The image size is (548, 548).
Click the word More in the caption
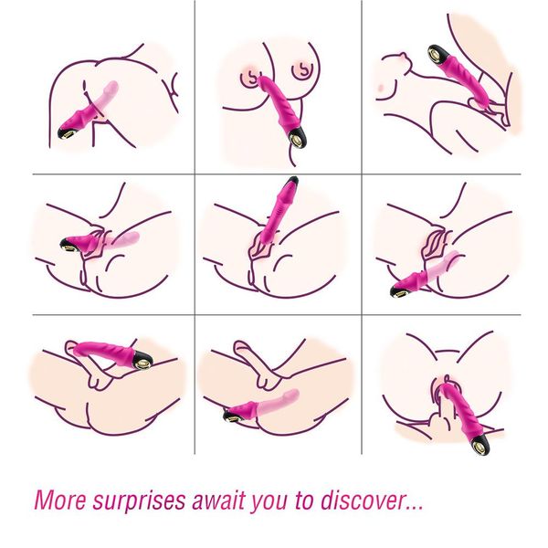(60, 501)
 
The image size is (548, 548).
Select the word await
(219, 501)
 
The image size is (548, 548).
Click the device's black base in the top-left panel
(68, 133)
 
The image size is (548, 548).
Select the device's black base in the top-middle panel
(297, 137)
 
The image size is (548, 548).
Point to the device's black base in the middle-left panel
(71, 246)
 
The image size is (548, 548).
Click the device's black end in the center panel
(292, 181)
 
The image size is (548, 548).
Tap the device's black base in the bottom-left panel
(142, 359)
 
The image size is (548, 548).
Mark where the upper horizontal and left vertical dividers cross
(195, 174)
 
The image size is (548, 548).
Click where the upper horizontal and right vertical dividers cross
(362, 174)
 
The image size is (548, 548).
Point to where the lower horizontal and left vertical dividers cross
(195, 315)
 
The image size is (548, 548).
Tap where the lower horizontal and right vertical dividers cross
(362, 315)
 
